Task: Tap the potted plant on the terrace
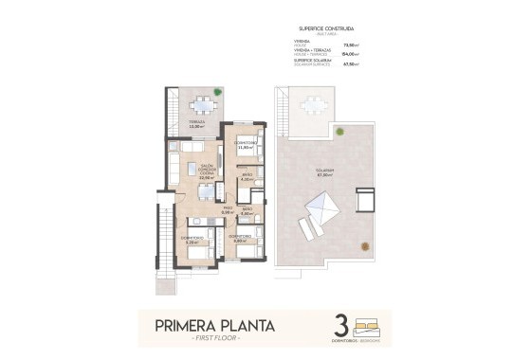217,92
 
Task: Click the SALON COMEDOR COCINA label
205,171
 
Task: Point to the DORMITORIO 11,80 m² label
246,145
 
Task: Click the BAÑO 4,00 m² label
246,177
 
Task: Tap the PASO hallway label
227,210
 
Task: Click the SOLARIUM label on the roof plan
325,172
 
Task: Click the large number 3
341,325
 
